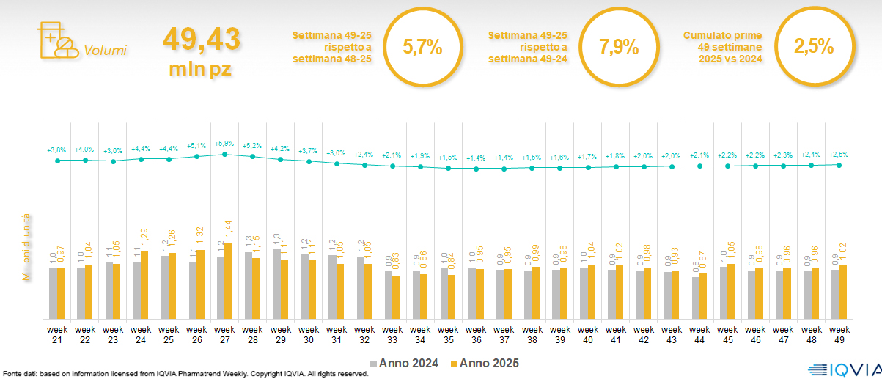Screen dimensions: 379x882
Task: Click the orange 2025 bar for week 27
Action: [x=229, y=281]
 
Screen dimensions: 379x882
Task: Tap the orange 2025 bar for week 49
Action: [x=843, y=292]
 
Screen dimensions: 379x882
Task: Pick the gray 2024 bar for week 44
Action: [x=695, y=298]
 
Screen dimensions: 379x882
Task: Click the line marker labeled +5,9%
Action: [x=224, y=154]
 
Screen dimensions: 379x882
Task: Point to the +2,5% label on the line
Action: [x=839, y=154]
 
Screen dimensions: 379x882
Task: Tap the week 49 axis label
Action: [x=839, y=334]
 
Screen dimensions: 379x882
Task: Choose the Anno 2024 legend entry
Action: [x=405, y=363]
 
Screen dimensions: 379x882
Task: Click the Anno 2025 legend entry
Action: [x=485, y=363]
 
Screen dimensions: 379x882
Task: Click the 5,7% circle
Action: [x=422, y=48]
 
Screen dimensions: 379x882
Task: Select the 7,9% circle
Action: [x=618, y=48]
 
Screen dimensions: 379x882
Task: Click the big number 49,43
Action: [x=201, y=40]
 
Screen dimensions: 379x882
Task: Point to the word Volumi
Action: [x=105, y=51]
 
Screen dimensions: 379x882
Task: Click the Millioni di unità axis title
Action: [x=27, y=247]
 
